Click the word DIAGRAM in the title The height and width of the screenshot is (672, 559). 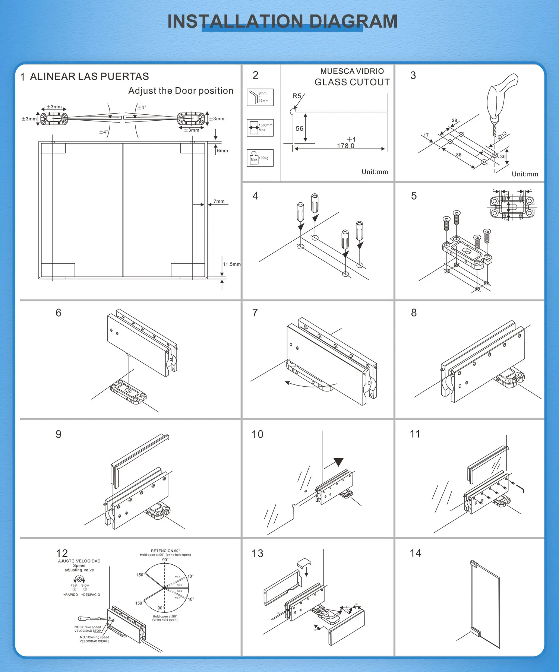point(353,22)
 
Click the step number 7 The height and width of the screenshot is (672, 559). point(255,313)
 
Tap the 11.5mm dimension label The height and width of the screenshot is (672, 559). point(232,264)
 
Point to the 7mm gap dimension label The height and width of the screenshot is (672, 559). point(219,202)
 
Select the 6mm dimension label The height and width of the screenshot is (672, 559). point(222,151)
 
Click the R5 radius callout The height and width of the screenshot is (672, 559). point(297,96)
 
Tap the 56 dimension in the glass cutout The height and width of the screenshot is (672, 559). point(300,129)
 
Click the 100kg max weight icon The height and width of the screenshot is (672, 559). point(260,158)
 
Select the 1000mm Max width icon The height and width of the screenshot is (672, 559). point(260,128)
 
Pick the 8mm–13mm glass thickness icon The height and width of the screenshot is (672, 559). point(260,97)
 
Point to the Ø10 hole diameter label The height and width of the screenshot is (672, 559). point(502,135)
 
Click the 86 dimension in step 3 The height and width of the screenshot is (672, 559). point(459,155)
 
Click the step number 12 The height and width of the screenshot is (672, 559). point(62,554)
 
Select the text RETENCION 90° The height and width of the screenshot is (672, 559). point(165,551)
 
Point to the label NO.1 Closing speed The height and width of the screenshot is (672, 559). point(94,637)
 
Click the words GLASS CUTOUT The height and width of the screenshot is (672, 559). point(352,82)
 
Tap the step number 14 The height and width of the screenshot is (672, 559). point(416,553)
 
